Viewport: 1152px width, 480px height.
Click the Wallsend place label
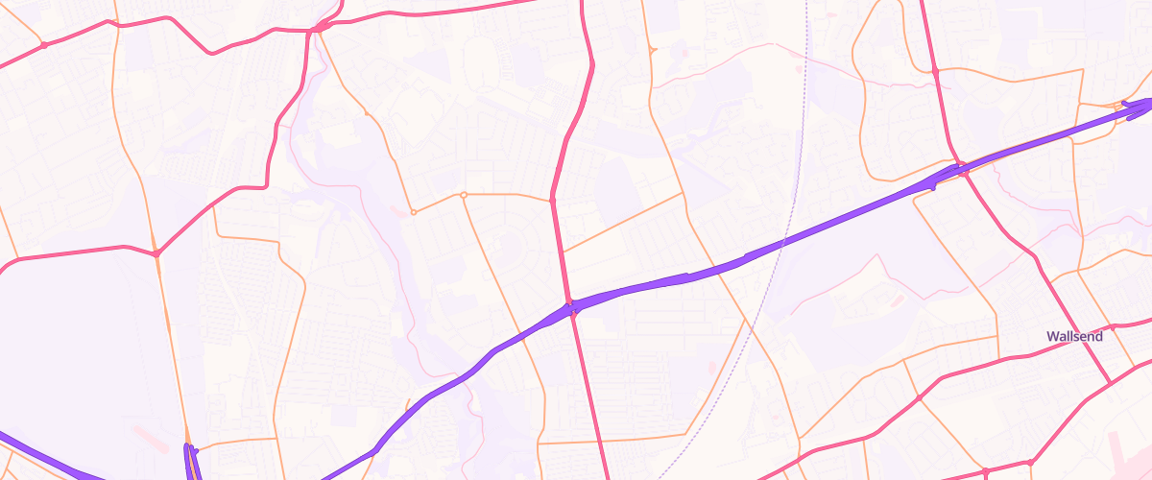[1074, 337]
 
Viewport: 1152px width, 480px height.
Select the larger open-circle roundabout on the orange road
[463, 195]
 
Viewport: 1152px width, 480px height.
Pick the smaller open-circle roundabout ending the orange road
[413, 211]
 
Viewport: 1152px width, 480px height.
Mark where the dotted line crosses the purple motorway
[782, 243]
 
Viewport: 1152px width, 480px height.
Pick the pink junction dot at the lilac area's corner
[156, 253]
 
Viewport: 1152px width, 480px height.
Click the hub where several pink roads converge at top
[319, 29]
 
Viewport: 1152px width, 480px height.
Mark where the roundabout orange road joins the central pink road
[552, 200]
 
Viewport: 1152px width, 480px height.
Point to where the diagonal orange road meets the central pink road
[563, 252]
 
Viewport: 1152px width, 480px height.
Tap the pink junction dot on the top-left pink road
[44, 45]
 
